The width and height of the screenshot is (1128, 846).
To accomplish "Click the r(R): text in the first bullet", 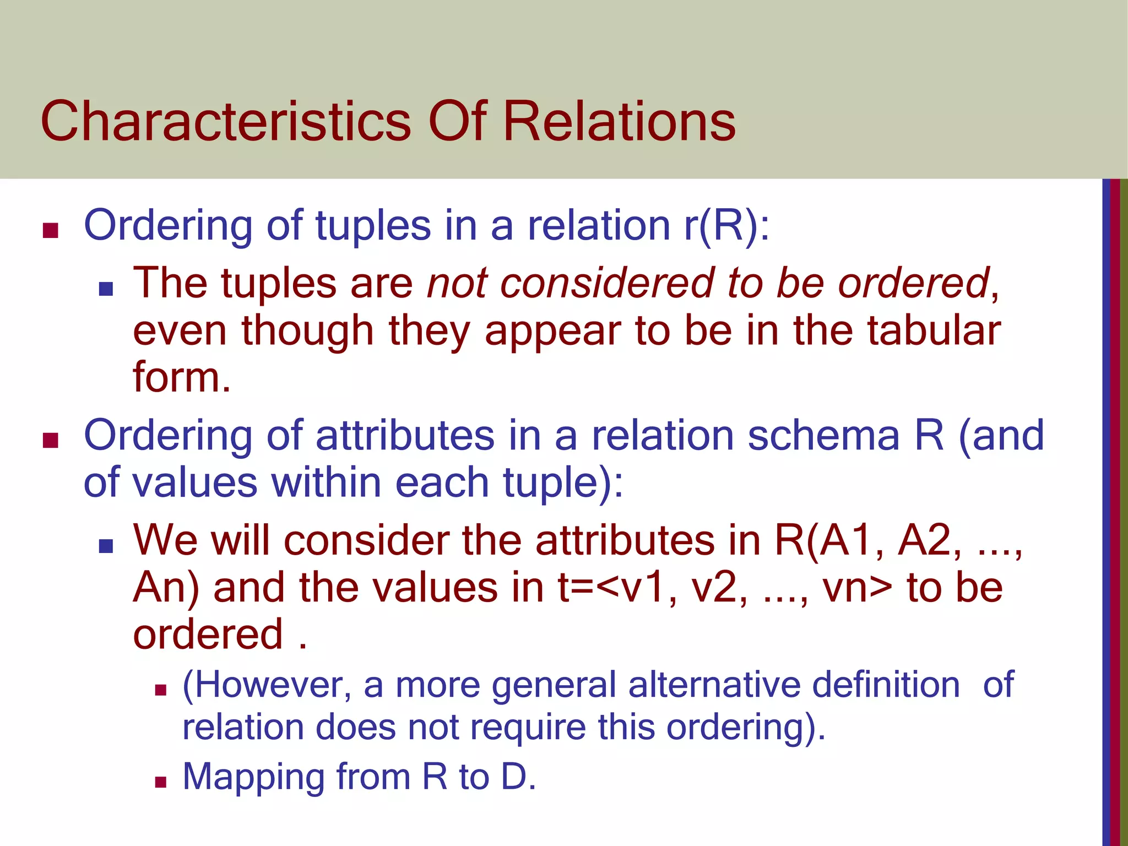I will (726, 226).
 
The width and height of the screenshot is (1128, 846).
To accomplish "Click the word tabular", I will (934, 330).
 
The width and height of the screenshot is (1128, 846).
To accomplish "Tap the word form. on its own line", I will (182, 377).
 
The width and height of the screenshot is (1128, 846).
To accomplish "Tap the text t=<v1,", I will (617, 588).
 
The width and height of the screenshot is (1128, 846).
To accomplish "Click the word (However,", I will (267, 686).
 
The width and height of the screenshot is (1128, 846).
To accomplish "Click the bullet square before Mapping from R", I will (160, 782).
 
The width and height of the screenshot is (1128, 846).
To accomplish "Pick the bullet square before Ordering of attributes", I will (50, 440).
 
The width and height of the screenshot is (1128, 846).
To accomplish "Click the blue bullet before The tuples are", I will (106, 289).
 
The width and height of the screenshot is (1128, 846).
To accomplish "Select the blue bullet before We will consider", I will (106, 546).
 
